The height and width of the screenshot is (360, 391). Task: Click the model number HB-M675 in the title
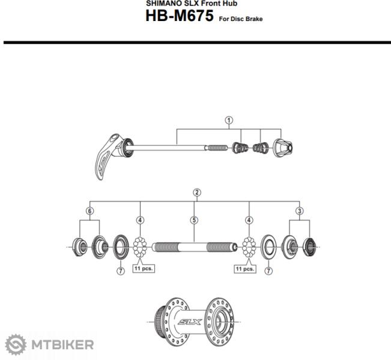(x=180, y=16)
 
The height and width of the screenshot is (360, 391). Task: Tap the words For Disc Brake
(x=241, y=19)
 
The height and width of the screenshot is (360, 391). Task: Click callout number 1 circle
(x=229, y=121)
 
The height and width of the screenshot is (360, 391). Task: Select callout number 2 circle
(x=197, y=193)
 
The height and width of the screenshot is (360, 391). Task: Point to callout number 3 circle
(x=300, y=211)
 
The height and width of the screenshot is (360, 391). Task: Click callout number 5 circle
(x=194, y=220)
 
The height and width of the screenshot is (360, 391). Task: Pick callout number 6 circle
(x=89, y=211)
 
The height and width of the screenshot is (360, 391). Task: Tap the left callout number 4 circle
(x=140, y=220)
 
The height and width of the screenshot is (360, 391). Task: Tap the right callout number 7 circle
(x=268, y=271)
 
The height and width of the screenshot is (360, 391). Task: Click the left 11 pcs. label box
(x=144, y=269)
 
